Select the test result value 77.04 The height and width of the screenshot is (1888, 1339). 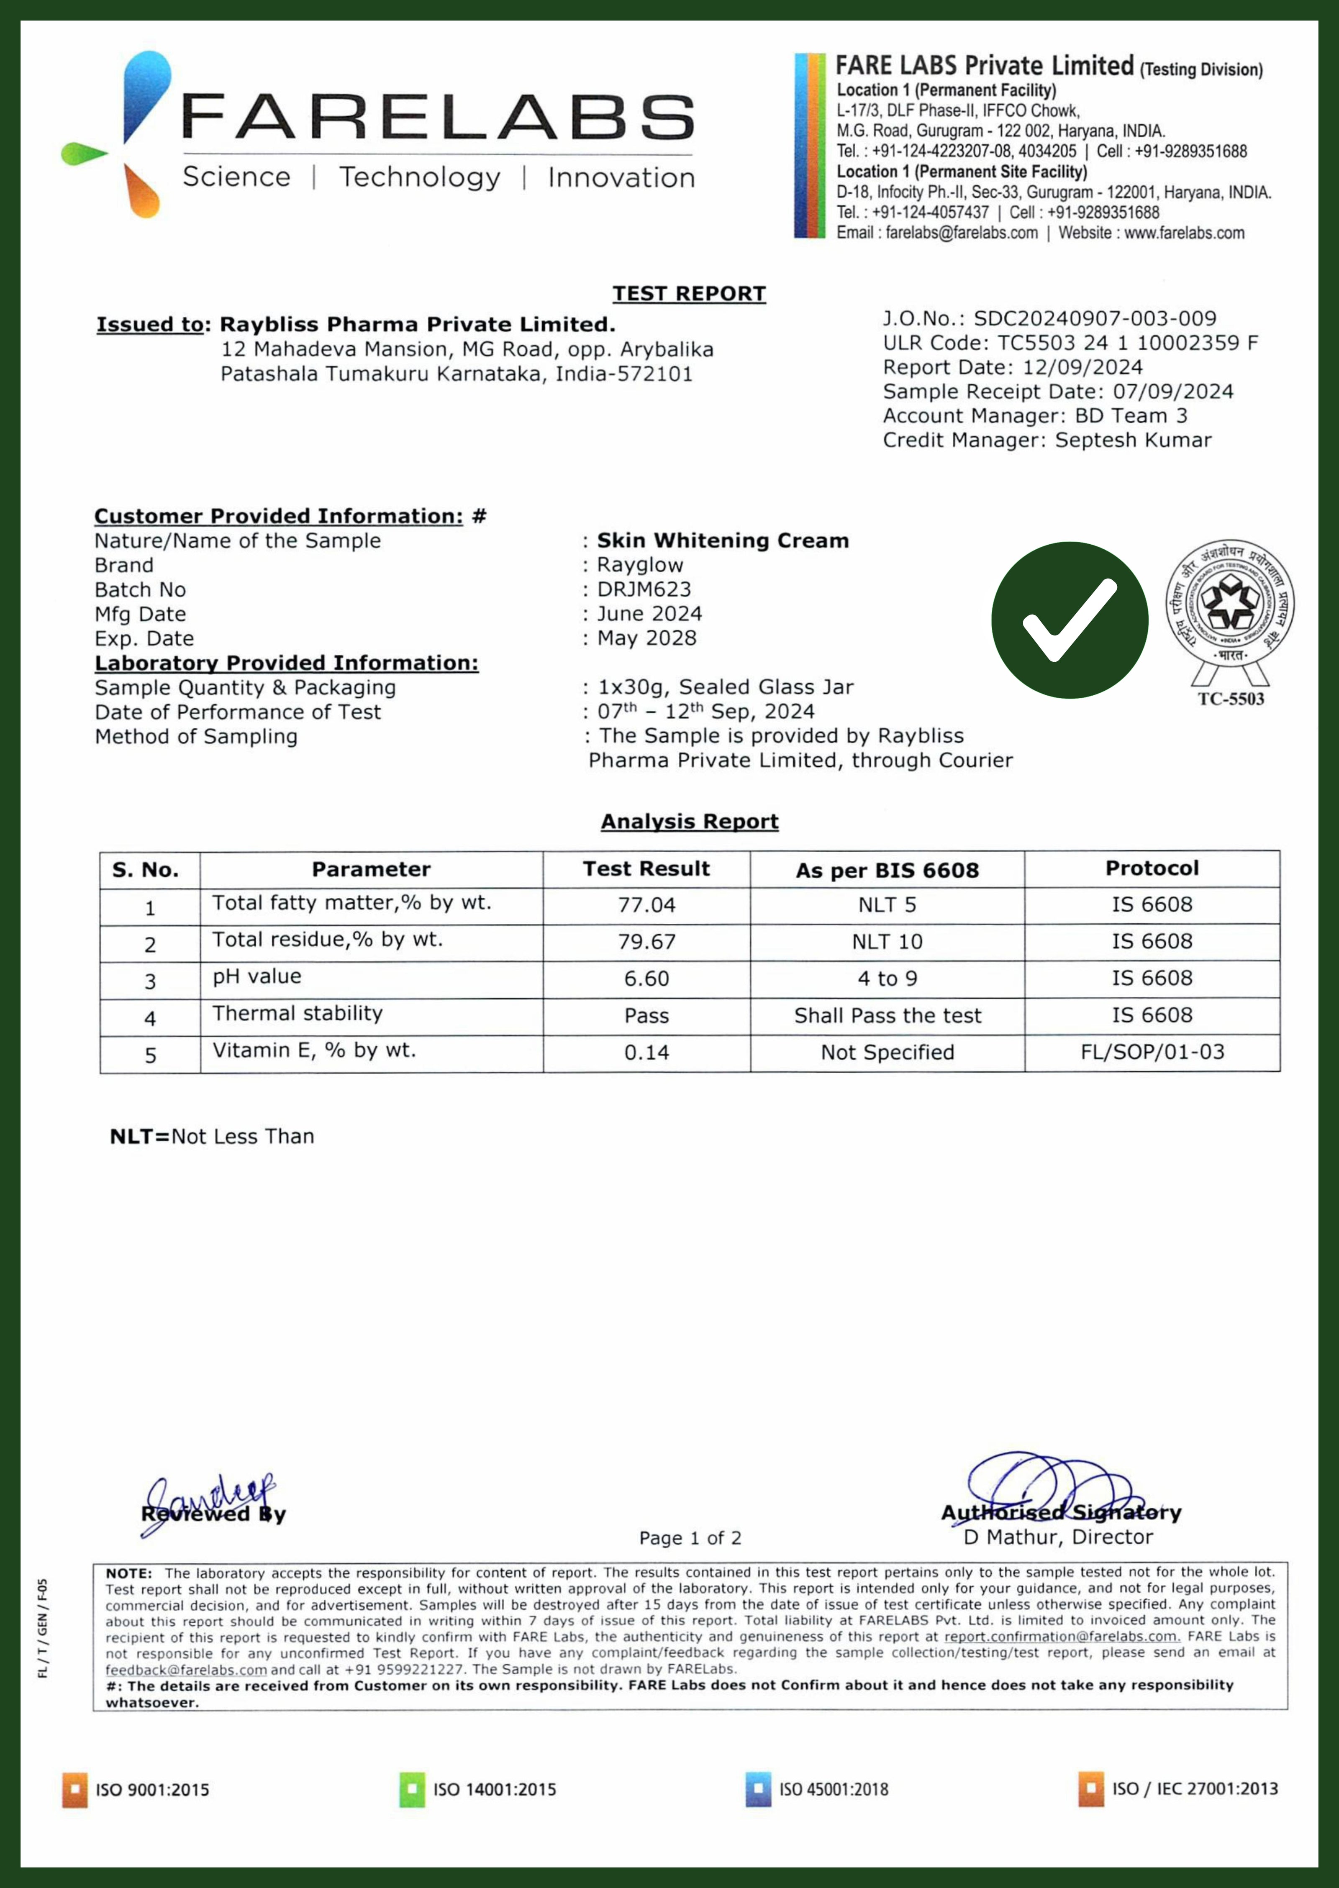coord(646,905)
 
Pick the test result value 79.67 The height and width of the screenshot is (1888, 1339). coord(646,942)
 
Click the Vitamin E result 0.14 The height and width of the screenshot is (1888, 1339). coord(646,1053)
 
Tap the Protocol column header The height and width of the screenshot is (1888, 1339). coord(1152,868)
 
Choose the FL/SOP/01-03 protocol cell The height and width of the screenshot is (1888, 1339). coord(1152,1053)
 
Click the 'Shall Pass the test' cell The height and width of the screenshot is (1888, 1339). coord(887,1015)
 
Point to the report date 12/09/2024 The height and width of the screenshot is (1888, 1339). coord(1082,368)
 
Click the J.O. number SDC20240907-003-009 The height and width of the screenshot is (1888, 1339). coord(1094,319)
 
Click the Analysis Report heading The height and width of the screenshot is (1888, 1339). coord(689,822)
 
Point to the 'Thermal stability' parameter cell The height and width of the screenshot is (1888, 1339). coord(298,1014)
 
